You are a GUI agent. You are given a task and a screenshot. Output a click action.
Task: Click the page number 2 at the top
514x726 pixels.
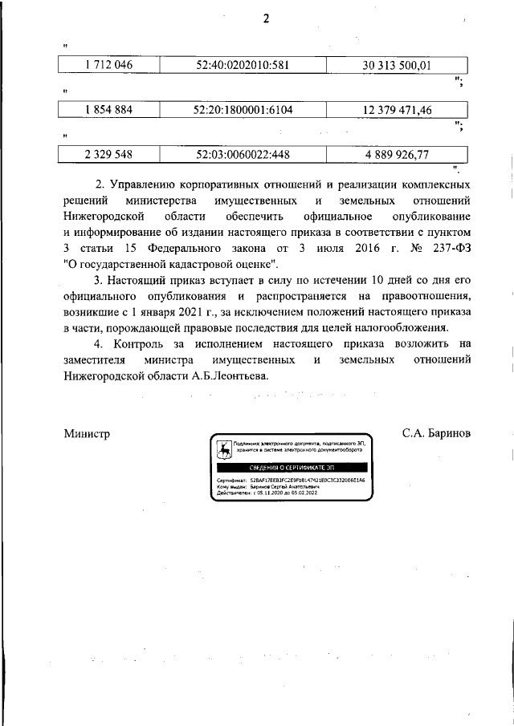[265, 20]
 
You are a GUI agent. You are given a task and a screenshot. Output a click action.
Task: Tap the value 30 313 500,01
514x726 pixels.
[397, 65]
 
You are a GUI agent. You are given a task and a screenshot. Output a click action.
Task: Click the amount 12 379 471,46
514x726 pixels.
[397, 110]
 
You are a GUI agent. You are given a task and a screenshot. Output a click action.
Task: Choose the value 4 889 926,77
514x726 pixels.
[397, 153]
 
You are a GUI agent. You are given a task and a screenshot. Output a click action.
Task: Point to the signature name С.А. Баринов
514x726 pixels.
[436, 433]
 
